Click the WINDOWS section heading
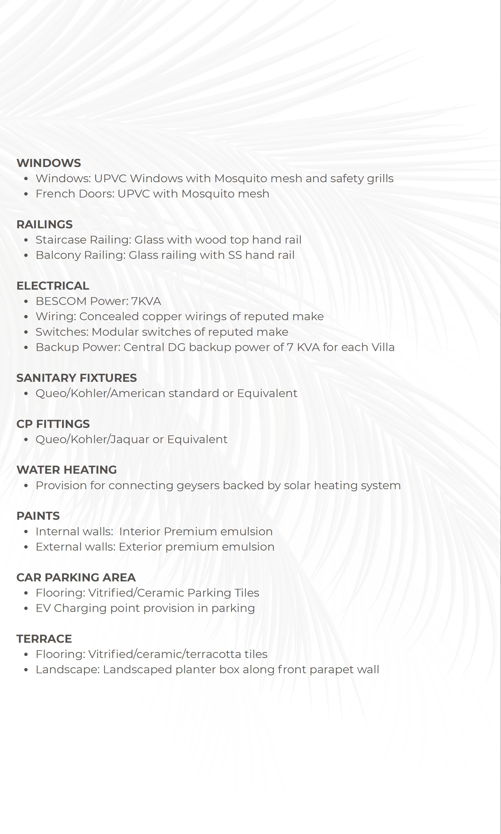pos(49,163)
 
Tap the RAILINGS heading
pos(45,224)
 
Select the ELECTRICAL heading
pos(53,286)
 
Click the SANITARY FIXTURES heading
pos(77,378)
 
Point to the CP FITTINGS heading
pos(53,424)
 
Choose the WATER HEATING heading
pos(67,470)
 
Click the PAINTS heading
pos(38,516)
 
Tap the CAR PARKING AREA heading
pos(76,577)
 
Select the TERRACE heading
pos(44,639)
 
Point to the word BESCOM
pos(61,301)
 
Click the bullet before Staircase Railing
pos(26,240)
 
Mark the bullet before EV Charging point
pos(26,609)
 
